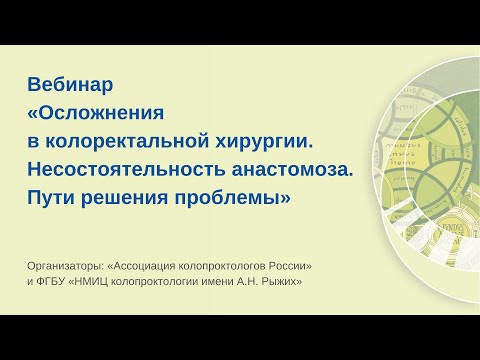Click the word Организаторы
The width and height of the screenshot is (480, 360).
[x=72, y=265]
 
